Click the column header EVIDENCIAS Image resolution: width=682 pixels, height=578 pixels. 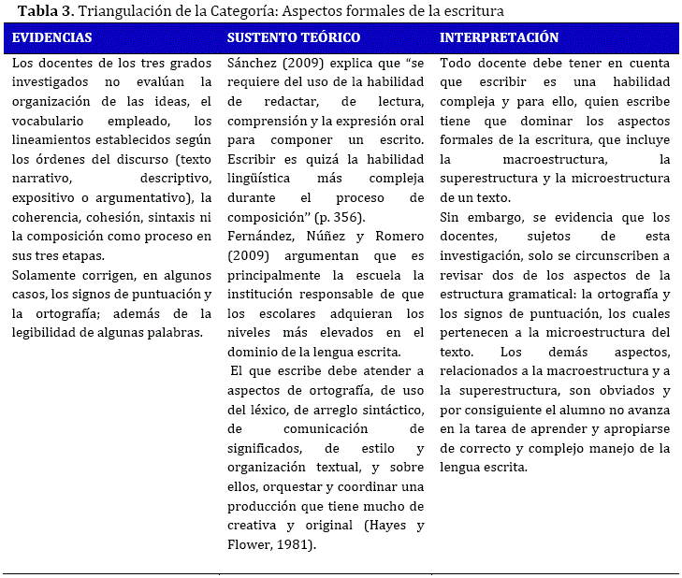[51, 38]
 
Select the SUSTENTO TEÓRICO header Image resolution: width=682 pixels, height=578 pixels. [293, 38]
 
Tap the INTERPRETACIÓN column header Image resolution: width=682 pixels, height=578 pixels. [499, 38]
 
